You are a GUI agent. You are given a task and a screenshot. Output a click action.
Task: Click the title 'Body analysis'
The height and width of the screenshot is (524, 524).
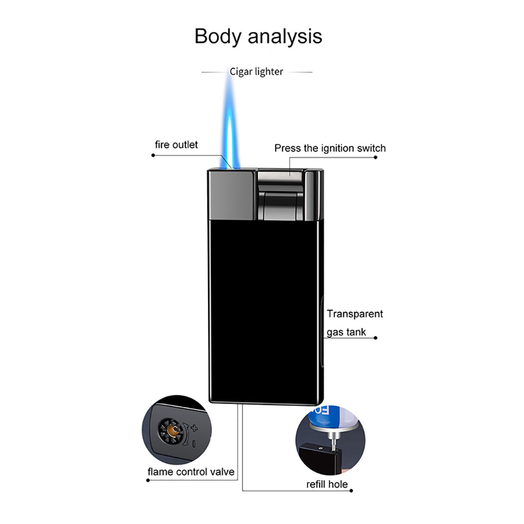[258, 37]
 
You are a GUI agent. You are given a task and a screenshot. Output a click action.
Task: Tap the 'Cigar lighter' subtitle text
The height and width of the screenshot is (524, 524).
[256, 72]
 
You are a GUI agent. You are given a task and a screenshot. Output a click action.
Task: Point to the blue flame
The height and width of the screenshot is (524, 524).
[231, 121]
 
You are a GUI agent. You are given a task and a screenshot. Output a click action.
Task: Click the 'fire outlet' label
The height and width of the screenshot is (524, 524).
[177, 145]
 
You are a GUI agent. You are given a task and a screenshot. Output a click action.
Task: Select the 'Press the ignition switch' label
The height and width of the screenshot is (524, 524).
[330, 148]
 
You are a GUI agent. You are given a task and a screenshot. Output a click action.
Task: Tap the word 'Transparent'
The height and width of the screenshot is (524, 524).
[355, 314]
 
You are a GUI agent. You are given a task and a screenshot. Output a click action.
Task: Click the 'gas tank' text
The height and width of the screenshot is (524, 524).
[346, 332]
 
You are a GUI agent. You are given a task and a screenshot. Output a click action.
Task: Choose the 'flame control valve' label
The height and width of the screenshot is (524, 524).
[191, 472]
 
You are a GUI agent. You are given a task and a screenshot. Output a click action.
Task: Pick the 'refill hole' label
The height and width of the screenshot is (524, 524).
[326, 484]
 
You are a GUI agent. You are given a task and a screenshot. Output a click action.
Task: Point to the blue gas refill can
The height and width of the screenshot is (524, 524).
[327, 417]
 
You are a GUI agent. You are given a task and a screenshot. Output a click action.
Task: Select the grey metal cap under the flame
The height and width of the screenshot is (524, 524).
[231, 194]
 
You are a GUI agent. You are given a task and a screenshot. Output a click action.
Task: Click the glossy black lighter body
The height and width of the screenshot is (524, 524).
[265, 309]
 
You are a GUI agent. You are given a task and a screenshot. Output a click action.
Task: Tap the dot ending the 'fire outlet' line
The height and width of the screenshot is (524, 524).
[152, 156]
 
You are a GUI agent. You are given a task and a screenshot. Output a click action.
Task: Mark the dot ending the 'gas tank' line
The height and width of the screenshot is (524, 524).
[376, 337]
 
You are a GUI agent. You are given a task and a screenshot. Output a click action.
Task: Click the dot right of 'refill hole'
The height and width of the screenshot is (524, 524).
[351, 491]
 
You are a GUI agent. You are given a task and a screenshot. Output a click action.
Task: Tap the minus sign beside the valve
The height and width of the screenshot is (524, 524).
[194, 444]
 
